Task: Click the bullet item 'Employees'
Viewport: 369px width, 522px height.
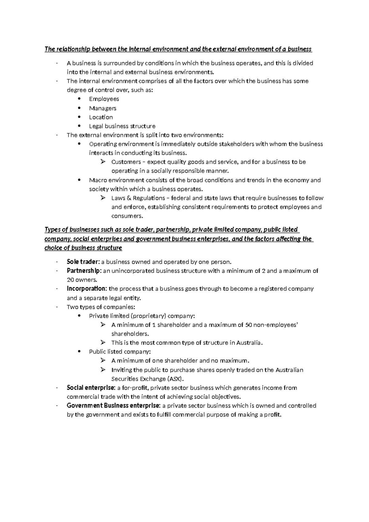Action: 104,99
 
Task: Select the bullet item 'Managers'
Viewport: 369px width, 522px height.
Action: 102,108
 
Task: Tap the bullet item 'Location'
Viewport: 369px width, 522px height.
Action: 101,117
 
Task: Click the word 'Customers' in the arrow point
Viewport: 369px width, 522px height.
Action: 124,162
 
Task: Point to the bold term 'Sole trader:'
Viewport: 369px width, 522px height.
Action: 83,262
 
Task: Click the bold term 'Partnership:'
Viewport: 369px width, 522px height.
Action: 84,271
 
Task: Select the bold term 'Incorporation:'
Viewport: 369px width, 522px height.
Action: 87,289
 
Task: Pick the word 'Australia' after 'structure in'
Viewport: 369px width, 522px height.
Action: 249,343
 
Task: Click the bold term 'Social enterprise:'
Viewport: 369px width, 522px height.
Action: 91,387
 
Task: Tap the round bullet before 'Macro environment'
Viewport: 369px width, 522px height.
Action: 80,180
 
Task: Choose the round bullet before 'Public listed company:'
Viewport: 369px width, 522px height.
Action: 80,351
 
